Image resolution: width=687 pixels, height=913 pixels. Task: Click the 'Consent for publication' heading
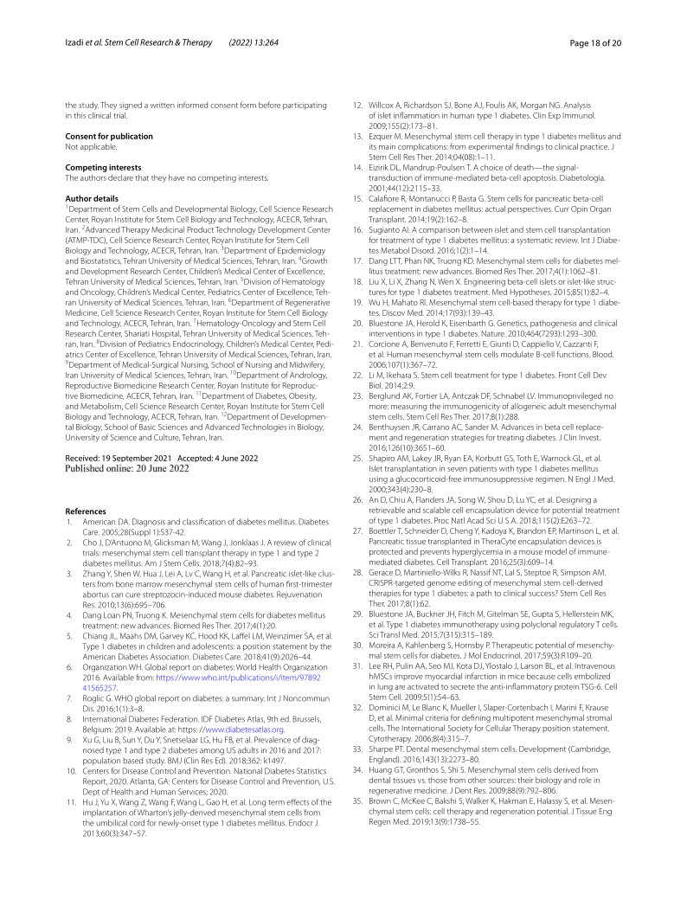click(x=109, y=137)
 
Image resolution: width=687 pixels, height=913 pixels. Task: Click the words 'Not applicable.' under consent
click(x=89, y=146)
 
